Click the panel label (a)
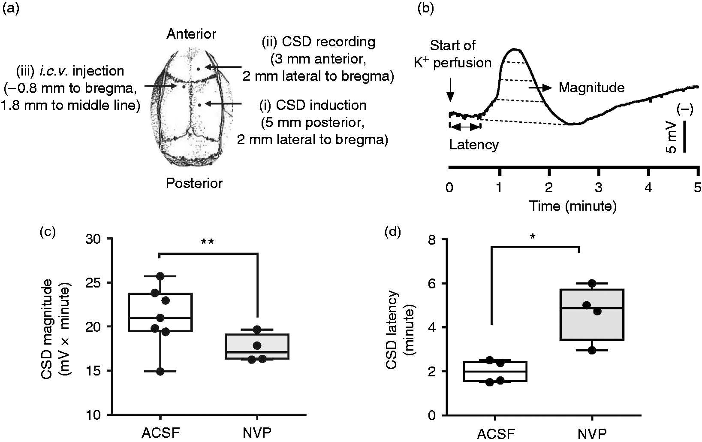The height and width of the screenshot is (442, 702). pyautogui.click(x=11, y=9)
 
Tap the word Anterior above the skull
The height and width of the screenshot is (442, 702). pyautogui.click(x=191, y=34)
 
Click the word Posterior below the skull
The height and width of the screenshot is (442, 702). pyautogui.click(x=194, y=183)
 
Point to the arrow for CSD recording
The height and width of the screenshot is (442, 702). pyautogui.click(x=223, y=67)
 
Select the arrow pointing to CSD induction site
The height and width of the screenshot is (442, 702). pyautogui.click(x=223, y=103)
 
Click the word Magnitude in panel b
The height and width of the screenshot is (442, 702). pyautogui.click(x=592, y=88)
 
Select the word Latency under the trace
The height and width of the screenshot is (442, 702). pyautogui.click(x=474, y=145)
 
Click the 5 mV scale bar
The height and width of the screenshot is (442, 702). pyautogui.click(x=684, y=136)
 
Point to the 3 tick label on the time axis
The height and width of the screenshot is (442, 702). pyautogui.click(x=599, y=187)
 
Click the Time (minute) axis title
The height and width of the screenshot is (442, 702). pyautogui.click(x=573, y=206)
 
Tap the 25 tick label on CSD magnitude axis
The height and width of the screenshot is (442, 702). pyautogui.click(x=93, y=283)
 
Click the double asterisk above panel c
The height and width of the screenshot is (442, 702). pyautogui.click(x=207, y=242)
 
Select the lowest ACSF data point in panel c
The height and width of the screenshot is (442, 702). pyautogui.click(x=160, y=372)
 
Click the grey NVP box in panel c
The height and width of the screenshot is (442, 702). pyautogui.click(x=257, y=346)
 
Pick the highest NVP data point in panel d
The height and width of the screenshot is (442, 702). pyautogui.click(x=592, y=283)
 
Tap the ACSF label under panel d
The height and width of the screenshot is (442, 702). pyautogui.click(x=496, y=434)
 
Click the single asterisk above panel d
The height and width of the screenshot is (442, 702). pyautogui.click(x=533, y=236)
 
